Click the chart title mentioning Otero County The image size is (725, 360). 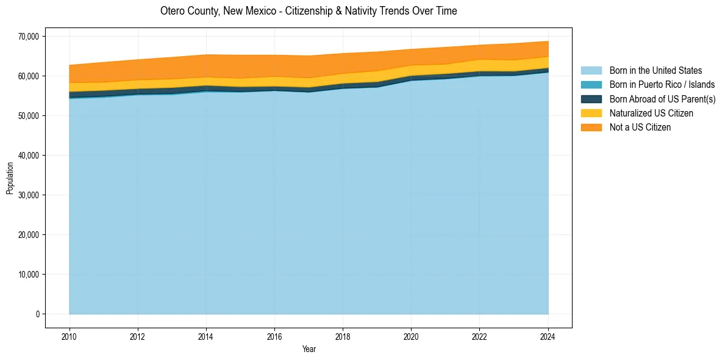[309, 11]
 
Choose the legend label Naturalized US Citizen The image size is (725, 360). [651, 113]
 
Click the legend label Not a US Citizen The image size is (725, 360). [640, 127]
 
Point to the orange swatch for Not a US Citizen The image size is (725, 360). [591, 127]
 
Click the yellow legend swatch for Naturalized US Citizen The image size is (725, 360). [591, 113]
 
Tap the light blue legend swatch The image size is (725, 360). [591, 71]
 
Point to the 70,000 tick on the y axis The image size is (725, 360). [28, 37]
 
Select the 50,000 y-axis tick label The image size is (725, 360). [28, 116]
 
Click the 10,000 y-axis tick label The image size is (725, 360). [28, 275]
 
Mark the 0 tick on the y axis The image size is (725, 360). [37, 314]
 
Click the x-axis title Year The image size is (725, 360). [309, 349]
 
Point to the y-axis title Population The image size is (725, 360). [10, 178]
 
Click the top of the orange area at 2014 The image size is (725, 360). [206, 55]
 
